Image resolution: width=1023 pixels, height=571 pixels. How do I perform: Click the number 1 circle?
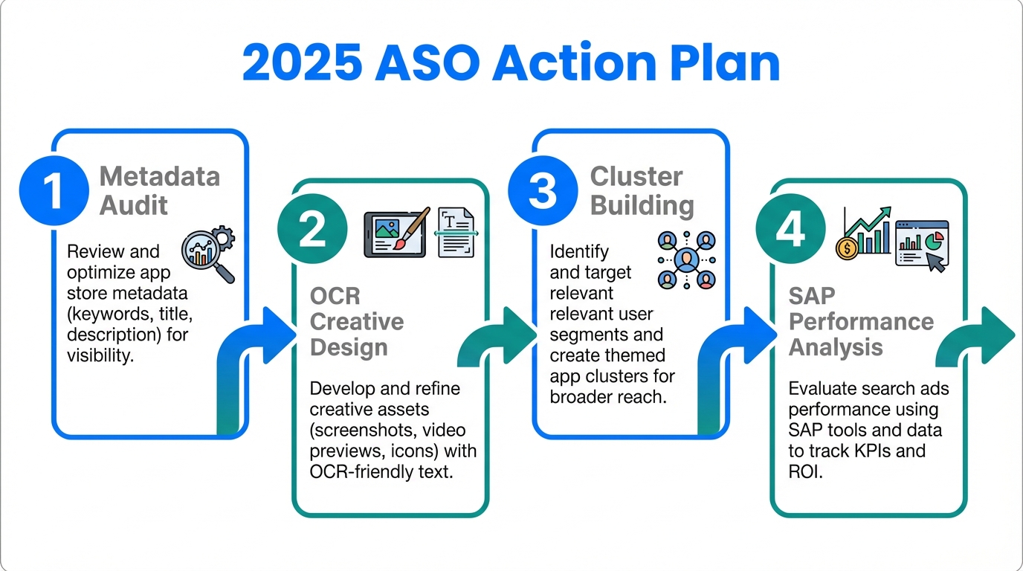(x=54, y=190)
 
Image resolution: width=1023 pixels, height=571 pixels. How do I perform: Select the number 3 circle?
(x=543, y=190)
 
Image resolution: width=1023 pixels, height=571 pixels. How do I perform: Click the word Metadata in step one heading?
(x=159, y=177)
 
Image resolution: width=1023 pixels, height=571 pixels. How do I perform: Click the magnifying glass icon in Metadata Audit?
(x=207, y=254)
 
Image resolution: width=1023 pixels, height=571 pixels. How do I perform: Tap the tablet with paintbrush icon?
(x=396, y=233)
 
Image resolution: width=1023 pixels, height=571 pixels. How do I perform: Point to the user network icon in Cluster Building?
(x=686, y=260)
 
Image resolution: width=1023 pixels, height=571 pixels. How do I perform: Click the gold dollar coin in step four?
(x=847, y=248)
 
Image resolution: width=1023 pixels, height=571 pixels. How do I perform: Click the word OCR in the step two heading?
(x=335, y=297)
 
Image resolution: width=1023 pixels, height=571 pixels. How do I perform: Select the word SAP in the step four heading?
(x=812, y=297)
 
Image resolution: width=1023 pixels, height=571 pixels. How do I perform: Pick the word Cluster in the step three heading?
(x=636, y=177)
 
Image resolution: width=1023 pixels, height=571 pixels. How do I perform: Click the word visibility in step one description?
(x=100, y=355)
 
